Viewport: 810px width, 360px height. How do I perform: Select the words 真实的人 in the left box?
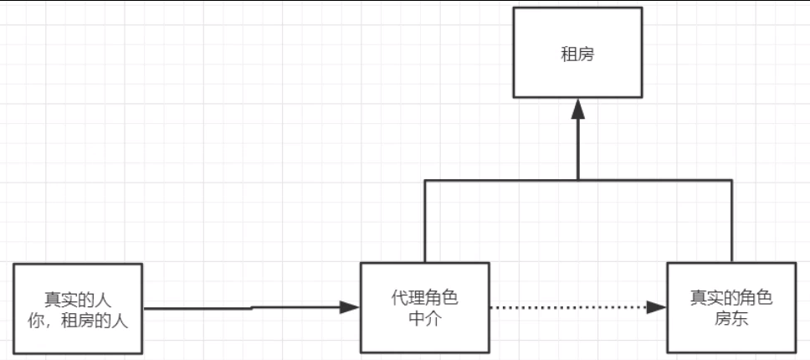[78, 300]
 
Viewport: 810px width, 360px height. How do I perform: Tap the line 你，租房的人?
[78, 319]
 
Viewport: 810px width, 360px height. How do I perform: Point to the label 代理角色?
[425, 298]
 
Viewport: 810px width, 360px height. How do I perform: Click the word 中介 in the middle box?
[425, 318]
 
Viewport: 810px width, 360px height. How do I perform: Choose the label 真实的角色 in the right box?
[731, 298]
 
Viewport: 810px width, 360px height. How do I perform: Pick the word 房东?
[731, 318]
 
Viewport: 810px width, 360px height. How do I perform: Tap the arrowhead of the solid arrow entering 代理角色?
[350, 307]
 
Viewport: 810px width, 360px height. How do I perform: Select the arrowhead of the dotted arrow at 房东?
[658, 307]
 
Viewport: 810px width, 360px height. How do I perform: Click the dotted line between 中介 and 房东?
[569, 307]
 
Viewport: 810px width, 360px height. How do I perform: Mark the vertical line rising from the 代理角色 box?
[425, 222]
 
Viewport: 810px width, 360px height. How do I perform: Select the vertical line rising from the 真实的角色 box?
[731, 222]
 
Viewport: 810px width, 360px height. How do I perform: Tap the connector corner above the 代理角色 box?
[425, 180]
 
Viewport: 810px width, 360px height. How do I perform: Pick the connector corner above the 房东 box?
[731, 180]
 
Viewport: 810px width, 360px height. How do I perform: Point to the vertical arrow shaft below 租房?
[577, 147]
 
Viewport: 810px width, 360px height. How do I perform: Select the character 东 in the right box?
[740, 318]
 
